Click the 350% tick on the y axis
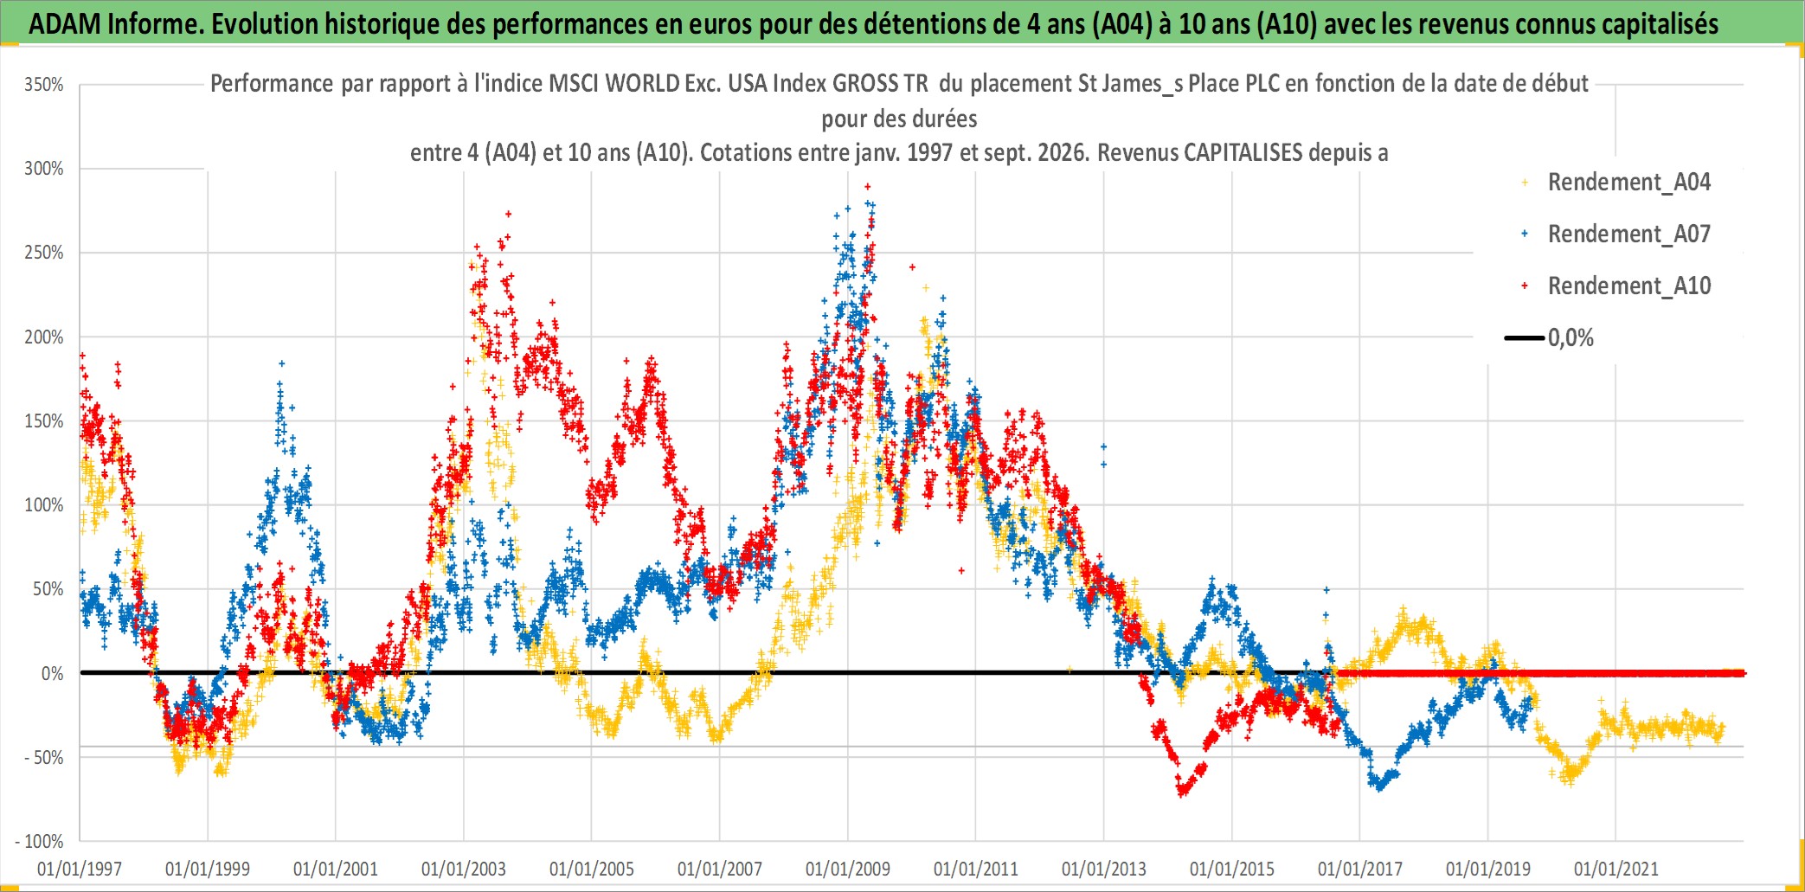point(44,85)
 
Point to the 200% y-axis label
point(44,337)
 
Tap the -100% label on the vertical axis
point(40,841)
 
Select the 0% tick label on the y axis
point(53,674)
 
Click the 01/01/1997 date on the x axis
point(80,869)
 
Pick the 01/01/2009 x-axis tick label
point(848,869)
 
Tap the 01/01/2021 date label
point(1616,869)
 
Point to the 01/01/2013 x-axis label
point(1104,869)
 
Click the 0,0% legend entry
point(1571,338)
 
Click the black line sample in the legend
point(1525,337)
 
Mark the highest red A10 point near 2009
point(867,186)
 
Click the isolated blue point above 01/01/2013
point(1103,447)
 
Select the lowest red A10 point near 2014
point(1182,793)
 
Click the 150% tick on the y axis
point(44,421)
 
